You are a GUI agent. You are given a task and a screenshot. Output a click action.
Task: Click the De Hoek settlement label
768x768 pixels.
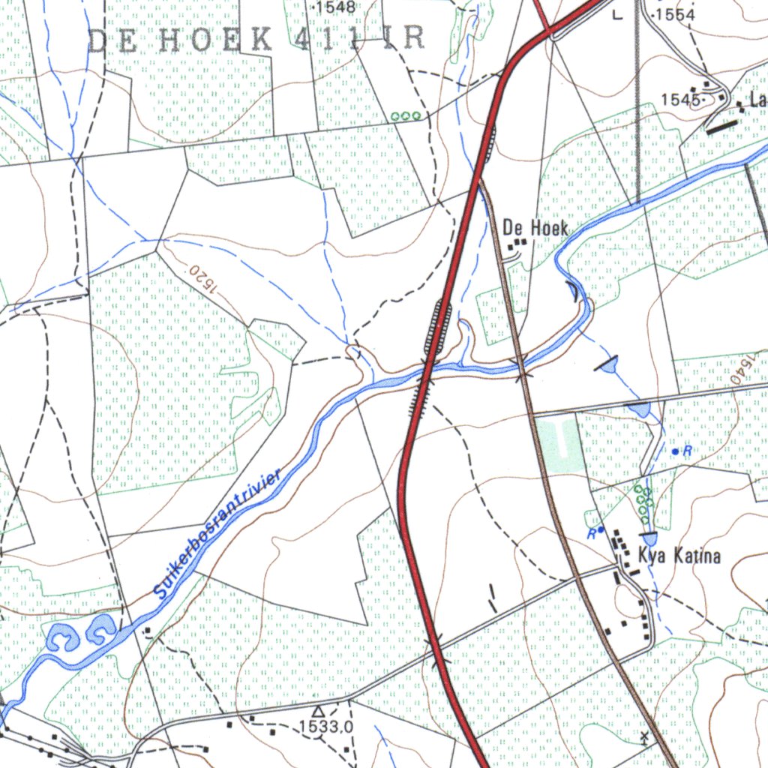[535, 227]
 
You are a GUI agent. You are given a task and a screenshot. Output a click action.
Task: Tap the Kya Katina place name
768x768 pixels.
[679, 556]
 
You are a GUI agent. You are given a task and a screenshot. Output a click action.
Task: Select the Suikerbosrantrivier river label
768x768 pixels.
[217, 534]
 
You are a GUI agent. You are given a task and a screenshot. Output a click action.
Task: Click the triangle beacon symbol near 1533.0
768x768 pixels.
[318, 710]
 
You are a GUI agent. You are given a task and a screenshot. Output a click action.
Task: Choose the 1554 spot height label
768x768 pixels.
[676, 15]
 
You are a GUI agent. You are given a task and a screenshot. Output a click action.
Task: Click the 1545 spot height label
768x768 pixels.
[680, 99]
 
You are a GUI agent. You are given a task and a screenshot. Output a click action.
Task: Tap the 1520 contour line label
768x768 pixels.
[200, 276]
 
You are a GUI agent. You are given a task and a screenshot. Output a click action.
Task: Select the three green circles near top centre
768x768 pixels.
[406, 116]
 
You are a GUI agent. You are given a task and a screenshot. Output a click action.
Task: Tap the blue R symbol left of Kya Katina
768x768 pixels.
[595, 532]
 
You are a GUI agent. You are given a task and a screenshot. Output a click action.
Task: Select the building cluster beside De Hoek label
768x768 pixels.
[517, 244]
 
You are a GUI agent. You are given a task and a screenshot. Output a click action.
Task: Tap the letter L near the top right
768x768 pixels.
[617, 14]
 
